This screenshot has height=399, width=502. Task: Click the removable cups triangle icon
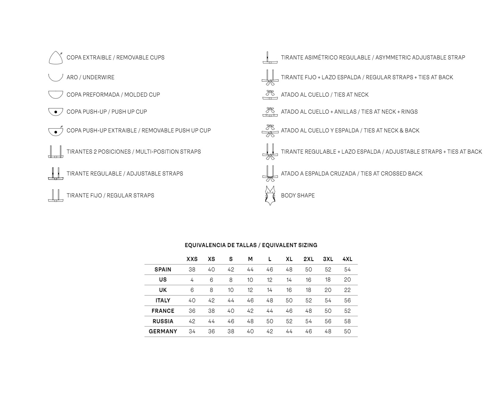[x=55, y=58]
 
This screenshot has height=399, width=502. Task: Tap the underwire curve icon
[x=55, y=77]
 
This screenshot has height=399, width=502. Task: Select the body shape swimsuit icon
[x=270, y=195]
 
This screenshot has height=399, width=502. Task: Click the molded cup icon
[x=55, y=94]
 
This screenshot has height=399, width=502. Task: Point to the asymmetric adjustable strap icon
[x=270, y=58]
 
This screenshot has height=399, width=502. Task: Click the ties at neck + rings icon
[x=270, y=112]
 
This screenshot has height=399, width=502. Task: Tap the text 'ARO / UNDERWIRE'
[x=90, y=77]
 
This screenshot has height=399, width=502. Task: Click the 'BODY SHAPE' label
[x=298, y=195]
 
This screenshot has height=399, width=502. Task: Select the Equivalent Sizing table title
[x=251, y=245]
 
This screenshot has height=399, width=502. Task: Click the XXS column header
[x=192, y=259]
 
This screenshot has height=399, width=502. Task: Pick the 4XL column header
[x=347, y=259]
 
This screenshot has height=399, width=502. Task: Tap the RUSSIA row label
[x=163, y=321]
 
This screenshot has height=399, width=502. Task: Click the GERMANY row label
[x=163, y=331]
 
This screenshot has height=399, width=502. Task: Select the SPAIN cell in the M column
[x=250, y=269]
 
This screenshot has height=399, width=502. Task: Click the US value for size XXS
[x=192, y=280]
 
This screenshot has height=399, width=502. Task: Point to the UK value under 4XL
[x=347, y=290]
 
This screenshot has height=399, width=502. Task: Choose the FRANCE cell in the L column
[x=270, y=311]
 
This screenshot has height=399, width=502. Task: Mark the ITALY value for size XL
[x=289, y=300]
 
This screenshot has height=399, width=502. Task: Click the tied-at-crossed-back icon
[x=270, y=173]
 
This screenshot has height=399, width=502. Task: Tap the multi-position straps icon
[x=55, y=152]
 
